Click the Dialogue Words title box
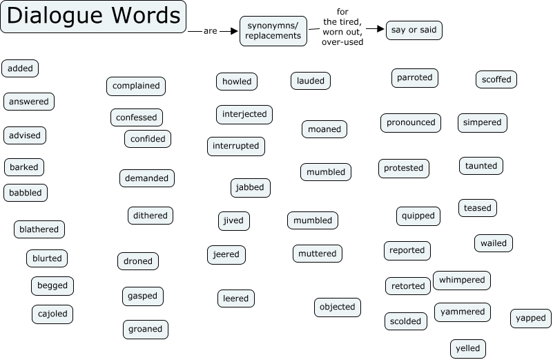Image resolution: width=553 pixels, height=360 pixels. pyautogui.click(x=93, y=17)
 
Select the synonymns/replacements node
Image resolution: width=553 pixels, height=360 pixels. pyautogui.click(x=273, y=31)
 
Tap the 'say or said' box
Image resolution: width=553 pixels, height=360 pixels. pyautogui.click(x=414, y=30)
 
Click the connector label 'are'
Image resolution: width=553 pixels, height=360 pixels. pyautogui.click(x=210, y=31)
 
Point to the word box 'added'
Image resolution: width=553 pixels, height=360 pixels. pyautogui.click(x=21, y=68)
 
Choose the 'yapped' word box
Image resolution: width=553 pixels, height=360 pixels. pyautogui.click(x=531, y=319)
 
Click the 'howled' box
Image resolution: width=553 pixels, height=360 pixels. pyautogui.click(x=237, y=82)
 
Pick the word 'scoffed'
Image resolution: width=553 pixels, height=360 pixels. pyautogui.click(x=496, y=79)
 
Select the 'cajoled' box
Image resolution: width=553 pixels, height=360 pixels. pyautogui.click(x=52, y=314)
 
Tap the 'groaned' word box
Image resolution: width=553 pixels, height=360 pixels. pyautogui.click(x=146, y=330)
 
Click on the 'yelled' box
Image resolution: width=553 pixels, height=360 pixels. pyautogui.click(x=468, y=349)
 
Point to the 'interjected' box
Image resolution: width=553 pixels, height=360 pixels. pyautogui.click(x=244, y=114)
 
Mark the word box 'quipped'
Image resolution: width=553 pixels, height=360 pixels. pyautogui.click(x=418, y=216)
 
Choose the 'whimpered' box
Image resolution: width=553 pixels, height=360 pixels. pyautogui.click(x=462, y=281)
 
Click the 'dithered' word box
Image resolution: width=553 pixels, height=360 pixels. pyautogui.click(x=151, y=216)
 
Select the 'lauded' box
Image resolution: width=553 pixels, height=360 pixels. pyautogui.click(x=311, y=81)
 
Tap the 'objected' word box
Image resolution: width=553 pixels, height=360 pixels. pyautogui.click(x=338, y=307)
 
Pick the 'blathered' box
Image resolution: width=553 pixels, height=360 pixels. pyautogui.click(x=39, y=229)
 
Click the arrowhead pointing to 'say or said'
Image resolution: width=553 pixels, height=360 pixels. pyautogui.click(x=380, y=29)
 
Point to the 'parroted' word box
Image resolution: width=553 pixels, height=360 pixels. pyautogui.click(x=414, y=78)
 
